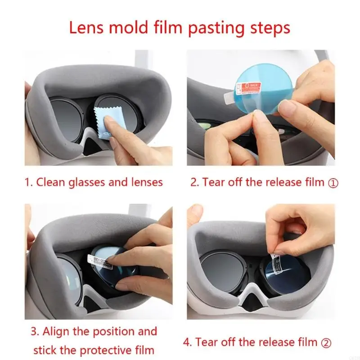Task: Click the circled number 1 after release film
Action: [x=333, y=183]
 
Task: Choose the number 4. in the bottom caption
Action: [x=188, y=342]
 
